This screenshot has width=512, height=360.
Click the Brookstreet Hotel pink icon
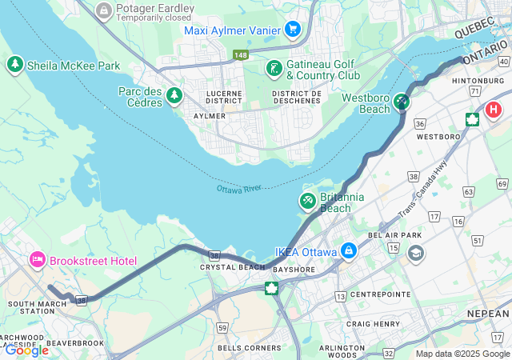point(37,260)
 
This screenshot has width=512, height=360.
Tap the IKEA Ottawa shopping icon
point(348,251)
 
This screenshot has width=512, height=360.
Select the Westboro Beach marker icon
point(401,102)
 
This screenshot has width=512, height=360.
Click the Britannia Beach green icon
point(307,199)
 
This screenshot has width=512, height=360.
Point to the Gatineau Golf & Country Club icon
point(274,68)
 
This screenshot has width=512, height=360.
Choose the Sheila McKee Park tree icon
point(14,64)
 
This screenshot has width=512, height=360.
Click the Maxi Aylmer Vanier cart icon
point(292,30)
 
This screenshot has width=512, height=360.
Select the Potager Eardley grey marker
point(103,10)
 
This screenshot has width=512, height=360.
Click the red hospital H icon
point(494,110)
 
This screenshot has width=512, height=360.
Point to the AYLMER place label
point(210,116)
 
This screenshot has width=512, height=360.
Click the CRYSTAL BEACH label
point(232,267)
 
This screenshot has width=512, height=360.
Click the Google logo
point(26,350)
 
